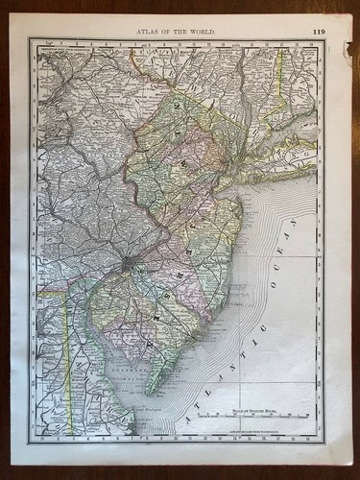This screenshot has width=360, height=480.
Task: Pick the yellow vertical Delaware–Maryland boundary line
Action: pyautogui.click(x=66, y=346)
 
